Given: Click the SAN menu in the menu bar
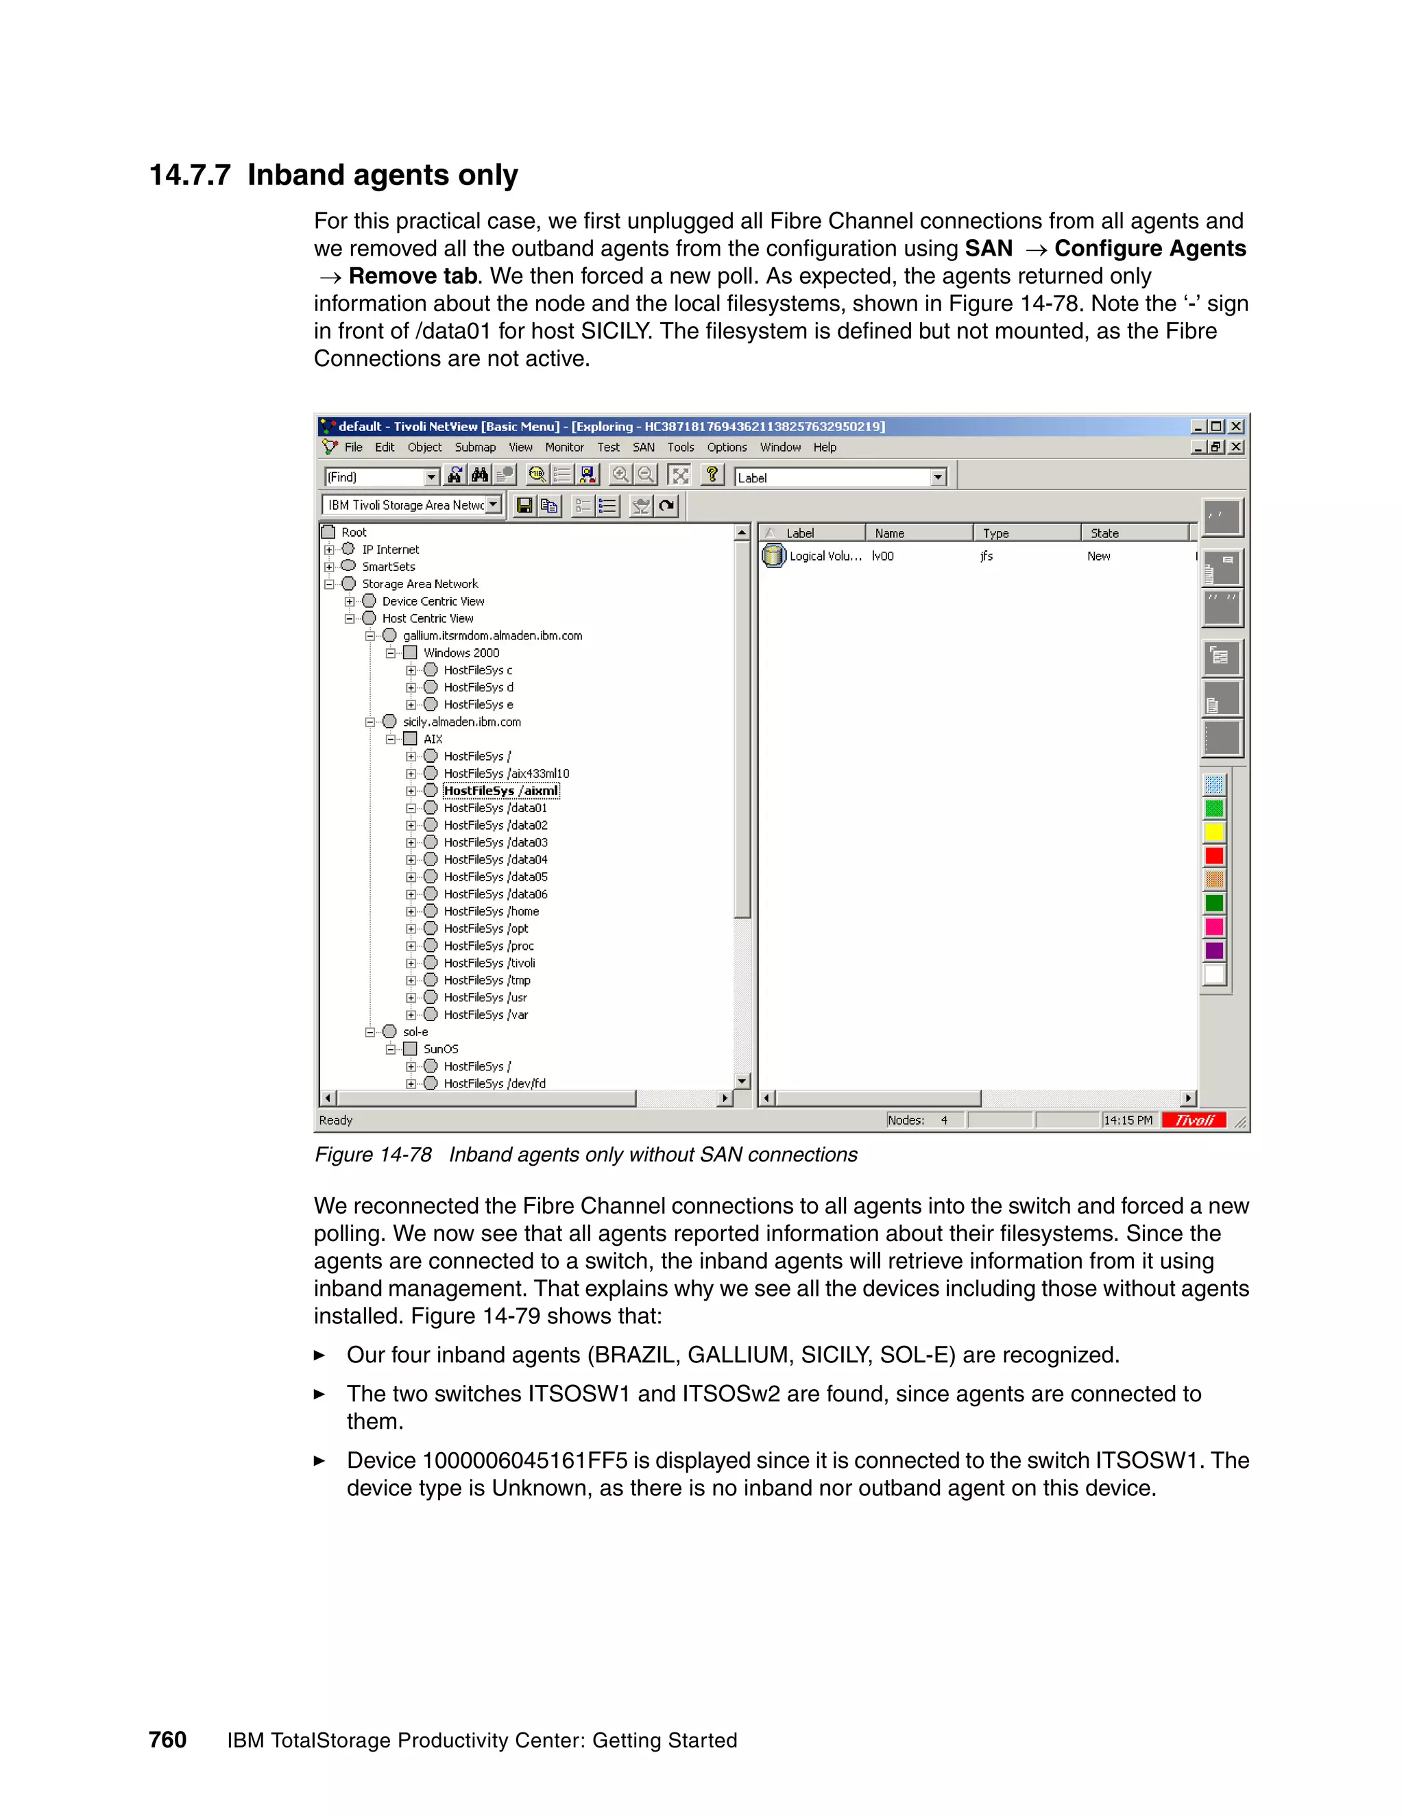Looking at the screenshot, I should coord(643,447).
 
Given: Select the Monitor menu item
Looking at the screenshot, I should coord(564,447).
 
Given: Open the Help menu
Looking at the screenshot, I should coord(824,447).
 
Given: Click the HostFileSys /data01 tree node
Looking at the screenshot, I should coord(495,808).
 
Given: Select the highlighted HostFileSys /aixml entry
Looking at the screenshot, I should coord(500,791).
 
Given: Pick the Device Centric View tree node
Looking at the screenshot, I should coord(433,601).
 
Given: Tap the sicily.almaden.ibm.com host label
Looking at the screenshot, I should coord(461,722).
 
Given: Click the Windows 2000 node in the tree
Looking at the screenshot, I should coord(461,652).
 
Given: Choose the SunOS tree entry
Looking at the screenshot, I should coord(440,1049).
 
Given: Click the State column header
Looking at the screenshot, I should coord(1104,533).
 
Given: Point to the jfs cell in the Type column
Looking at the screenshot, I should coord(987,556).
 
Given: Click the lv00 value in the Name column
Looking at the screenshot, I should coord(882,556).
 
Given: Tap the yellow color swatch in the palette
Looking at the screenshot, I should coord(1214,833).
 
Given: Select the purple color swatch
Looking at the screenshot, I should coord(1214,950).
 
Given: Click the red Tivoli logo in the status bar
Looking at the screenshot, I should coord(1194,1120).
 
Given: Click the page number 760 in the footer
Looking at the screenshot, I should coord(167,1741).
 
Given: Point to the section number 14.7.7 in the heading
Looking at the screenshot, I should coord(190,175).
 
